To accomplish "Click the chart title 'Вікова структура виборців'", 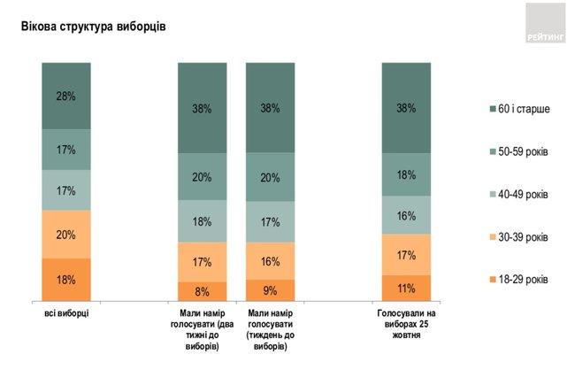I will click(94, 27).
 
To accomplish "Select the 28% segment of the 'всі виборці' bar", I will click(65, 96).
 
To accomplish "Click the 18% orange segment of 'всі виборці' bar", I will click(65, 280).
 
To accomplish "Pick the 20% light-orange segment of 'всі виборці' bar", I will click(65, 235).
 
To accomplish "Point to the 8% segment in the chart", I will click(202, 291).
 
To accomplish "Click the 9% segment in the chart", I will click(270, 290).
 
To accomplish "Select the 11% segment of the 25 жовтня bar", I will click(406, 288).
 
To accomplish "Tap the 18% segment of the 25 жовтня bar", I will click(406, 175).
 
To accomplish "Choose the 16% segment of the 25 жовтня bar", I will click(406, 215).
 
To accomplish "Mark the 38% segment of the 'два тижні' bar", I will click(202, 109).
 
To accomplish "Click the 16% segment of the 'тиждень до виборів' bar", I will click(270, 261).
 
